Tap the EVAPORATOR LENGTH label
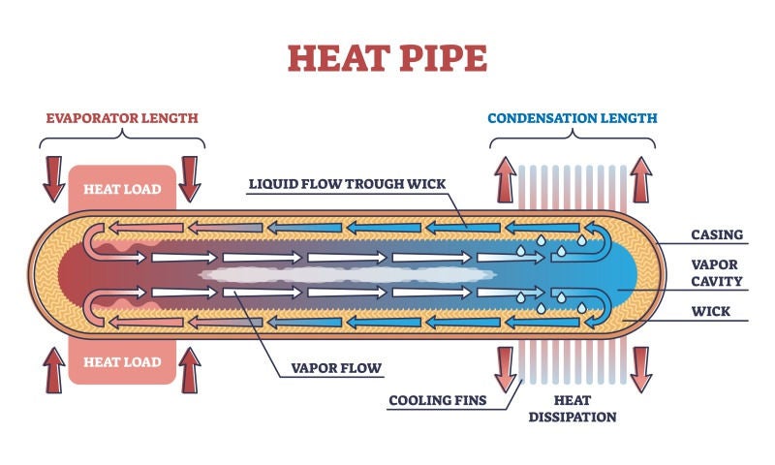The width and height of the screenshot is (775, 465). pos(122,118)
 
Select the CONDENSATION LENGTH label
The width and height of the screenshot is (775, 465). pos(572,118)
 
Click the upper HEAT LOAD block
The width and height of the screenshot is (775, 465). pos(122,189)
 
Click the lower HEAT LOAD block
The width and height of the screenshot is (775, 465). pos(122,361)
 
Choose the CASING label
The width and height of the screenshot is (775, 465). pos(717,234)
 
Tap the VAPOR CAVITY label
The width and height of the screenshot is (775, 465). pos(717,272)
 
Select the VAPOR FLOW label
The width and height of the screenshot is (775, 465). pos(336,368)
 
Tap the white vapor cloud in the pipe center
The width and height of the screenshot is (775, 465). pos(339,274)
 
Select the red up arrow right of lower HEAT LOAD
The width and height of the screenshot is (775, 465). pos(190,369)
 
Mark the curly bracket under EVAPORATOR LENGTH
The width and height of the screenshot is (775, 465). pos(122,142)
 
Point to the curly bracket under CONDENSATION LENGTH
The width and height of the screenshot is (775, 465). pos(572,142)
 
